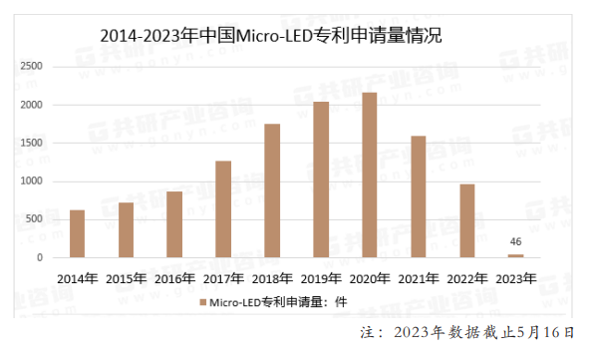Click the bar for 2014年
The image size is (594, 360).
point(77,234)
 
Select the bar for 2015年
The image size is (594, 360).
point(126,230)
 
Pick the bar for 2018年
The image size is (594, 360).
point(272,190)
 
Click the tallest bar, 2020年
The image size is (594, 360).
point(369,176)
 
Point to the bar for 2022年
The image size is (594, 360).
point(466,220)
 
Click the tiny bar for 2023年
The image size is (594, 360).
point(515,256)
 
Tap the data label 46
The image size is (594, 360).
point(515,242)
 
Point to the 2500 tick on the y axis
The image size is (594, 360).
point(33,67)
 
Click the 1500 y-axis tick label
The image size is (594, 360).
point(33,144)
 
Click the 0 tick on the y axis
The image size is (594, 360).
point(42,258)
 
